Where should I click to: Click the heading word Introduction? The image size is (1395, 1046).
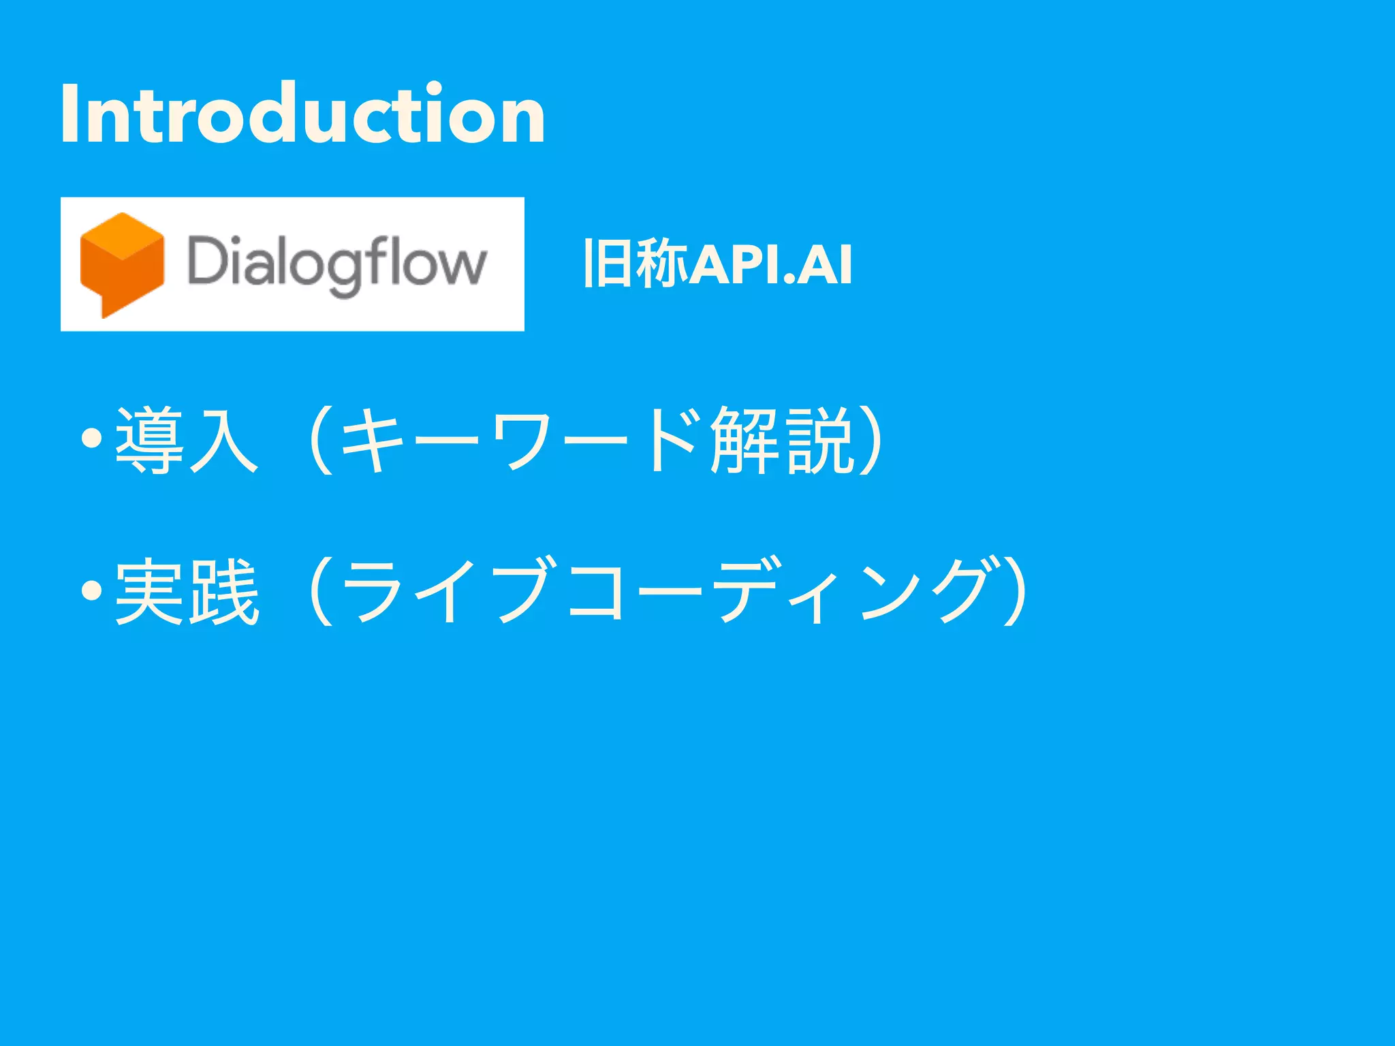tap(303, 114)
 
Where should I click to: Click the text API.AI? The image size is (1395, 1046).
tap(770, 264)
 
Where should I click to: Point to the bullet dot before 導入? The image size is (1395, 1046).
tap(91, 438)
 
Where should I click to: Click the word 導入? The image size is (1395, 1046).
tap(187, 440)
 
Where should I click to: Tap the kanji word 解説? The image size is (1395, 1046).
tap(781, 440)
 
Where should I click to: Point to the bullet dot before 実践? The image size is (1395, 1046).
tap(91, 589)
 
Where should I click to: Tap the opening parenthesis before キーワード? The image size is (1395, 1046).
tap(319, 440)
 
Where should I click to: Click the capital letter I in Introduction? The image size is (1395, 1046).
tap(67, 114)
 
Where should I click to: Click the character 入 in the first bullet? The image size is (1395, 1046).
tap(224, 440)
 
